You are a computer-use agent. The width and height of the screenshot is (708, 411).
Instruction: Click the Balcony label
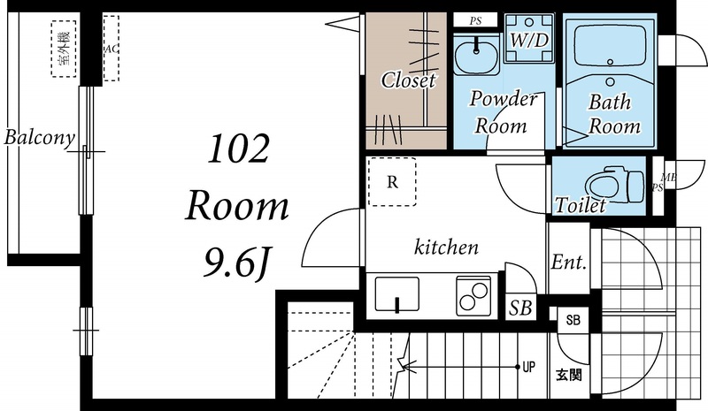tap(39, 138)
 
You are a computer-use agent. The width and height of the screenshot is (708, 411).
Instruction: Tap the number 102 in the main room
tap(238, 148)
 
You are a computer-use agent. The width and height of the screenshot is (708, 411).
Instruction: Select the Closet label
tap(408, 80)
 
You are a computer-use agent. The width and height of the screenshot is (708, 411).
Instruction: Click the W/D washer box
tap(529, 38)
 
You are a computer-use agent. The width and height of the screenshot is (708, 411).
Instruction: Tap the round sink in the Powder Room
tap(476, 56)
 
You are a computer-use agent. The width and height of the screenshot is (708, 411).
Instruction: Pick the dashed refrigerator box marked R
tap(392, 181)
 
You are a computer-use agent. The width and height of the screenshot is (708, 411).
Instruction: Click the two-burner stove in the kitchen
tap(473, 296)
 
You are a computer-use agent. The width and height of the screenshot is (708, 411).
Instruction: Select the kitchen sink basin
tap(396, 294)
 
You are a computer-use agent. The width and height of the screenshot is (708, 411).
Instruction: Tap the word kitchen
tap(446, 247)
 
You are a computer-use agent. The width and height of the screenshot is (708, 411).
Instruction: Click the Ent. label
tap(569, 262)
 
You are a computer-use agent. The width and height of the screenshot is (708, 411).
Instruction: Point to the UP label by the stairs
tap(528, 367)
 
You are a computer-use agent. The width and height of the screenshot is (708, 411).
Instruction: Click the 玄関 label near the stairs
tap(569, 375)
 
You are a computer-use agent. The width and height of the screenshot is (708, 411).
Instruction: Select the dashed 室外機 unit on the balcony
tap(63, 49)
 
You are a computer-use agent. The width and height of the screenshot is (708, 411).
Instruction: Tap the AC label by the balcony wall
tap(112, 49)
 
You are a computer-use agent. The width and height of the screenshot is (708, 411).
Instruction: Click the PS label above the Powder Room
tap(475, 20)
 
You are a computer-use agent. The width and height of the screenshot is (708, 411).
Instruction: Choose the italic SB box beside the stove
tap(520, 308)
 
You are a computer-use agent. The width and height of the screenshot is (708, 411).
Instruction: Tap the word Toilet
tap(581, 205)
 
